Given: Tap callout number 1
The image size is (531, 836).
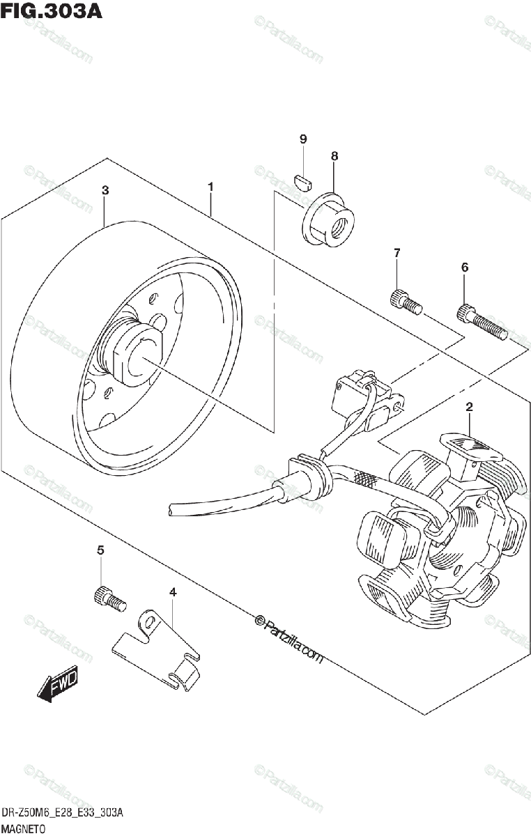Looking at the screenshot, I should pyautogui.click(x=210, y=187).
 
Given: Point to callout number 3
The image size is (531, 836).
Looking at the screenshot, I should pyautogui.click(x=105, y=190).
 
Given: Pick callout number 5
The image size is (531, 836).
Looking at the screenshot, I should pyautogui.click(x=100, y=550).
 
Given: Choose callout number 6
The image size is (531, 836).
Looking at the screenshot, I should pyautogui.click(x=465, y=267).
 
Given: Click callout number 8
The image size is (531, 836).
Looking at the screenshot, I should pyautogui.click(x=334, y=156).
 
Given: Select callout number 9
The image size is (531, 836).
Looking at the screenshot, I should pyautogui.click(x=303, y=139).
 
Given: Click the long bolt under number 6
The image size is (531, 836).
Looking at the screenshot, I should pyautogui.click(x=480, y=323).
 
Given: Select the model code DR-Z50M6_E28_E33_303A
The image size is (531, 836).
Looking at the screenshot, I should pyautogui.click(x=63, y=813).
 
